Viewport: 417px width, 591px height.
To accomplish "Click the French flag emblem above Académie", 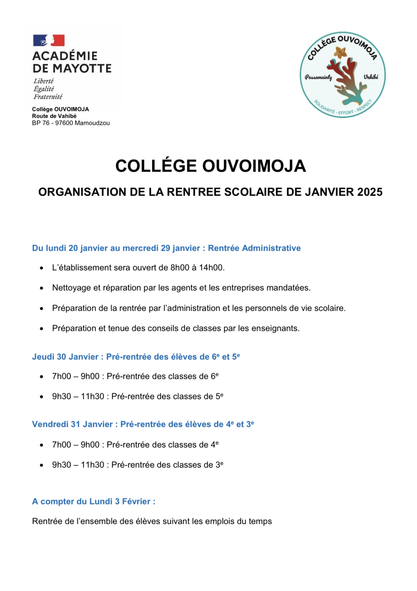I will (49, 40).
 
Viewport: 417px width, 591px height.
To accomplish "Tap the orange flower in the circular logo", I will (340, 52).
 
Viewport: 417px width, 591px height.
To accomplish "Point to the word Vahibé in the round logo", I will (371, 77).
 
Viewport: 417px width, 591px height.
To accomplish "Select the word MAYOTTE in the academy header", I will (82, 68).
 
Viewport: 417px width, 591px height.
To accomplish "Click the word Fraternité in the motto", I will (48, 97).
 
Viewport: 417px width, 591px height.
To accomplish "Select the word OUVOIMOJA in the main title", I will (254, 166).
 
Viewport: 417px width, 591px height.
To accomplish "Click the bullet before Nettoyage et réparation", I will (42, 288).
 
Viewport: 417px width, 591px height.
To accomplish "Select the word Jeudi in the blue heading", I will (43, 357).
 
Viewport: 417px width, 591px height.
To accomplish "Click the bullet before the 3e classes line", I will (42, 465).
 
